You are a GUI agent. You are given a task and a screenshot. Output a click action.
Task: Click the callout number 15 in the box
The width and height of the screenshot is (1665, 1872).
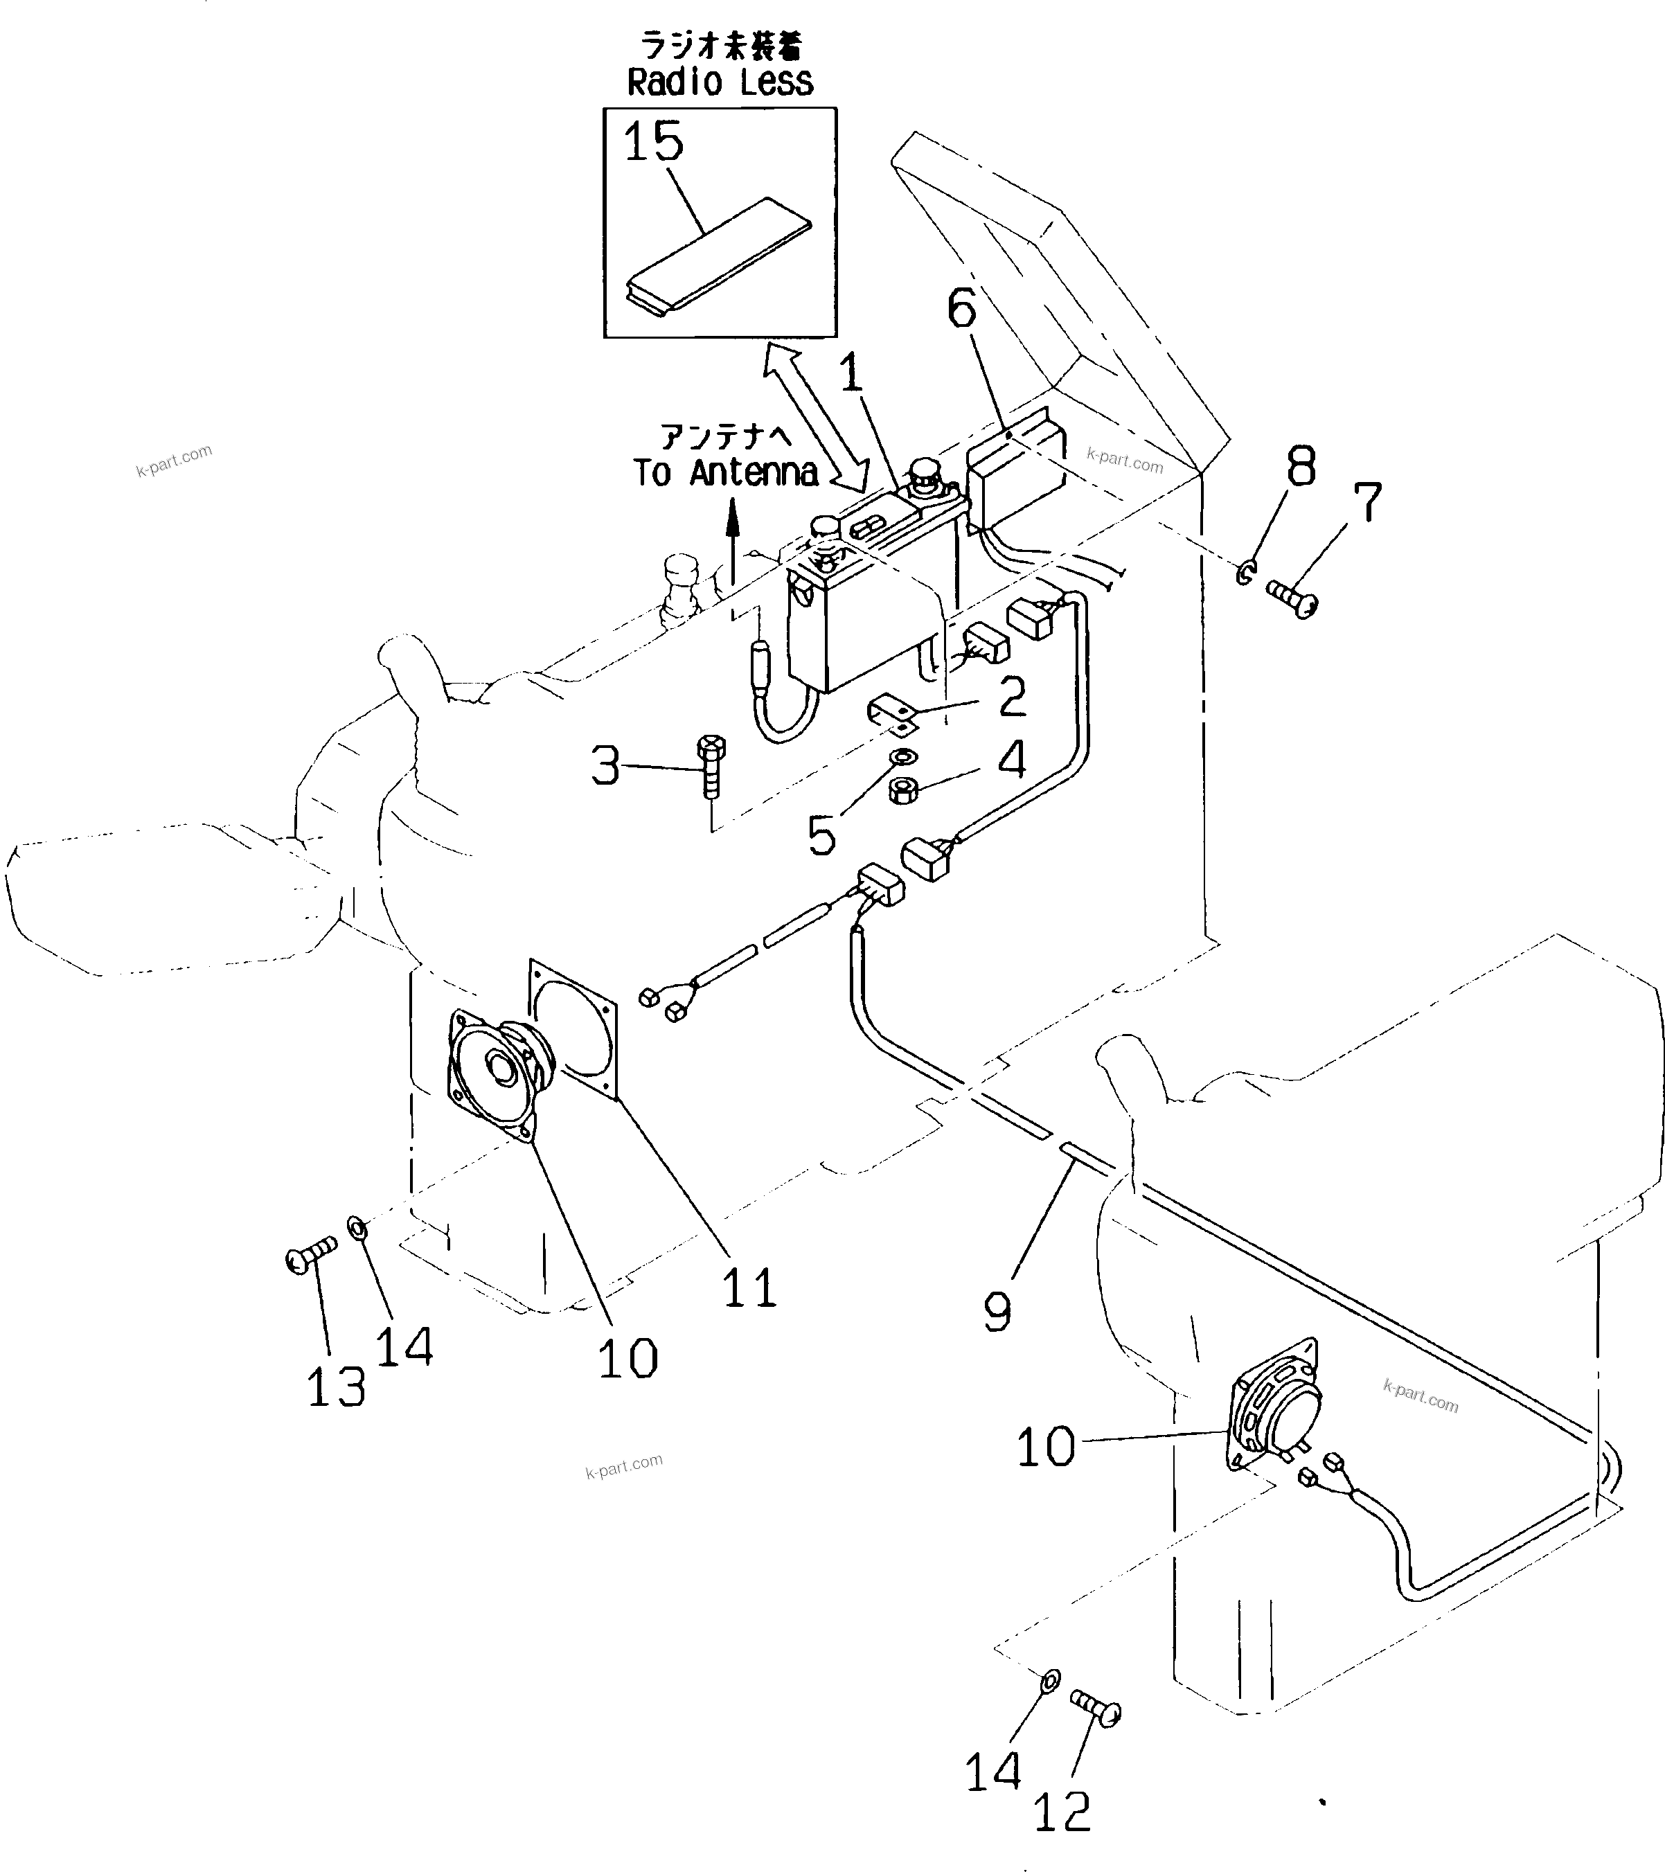(653, 142)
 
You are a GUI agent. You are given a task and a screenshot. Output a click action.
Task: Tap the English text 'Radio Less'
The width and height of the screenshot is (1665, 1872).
(720, 82)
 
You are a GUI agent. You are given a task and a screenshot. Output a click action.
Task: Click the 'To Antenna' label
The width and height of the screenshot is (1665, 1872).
(725, 472)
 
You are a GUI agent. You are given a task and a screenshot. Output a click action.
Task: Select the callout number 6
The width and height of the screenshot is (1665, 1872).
(961, 309)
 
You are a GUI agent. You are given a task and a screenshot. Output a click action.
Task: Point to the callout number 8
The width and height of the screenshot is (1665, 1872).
(1301, 467)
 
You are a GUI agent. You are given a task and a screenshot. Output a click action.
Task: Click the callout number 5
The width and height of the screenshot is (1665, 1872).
(821, 835)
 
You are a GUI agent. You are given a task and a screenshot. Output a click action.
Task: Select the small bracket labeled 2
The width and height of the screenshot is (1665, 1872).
(893, 714)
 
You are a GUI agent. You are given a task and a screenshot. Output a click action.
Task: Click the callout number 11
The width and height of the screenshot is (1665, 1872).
(749, 1287)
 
